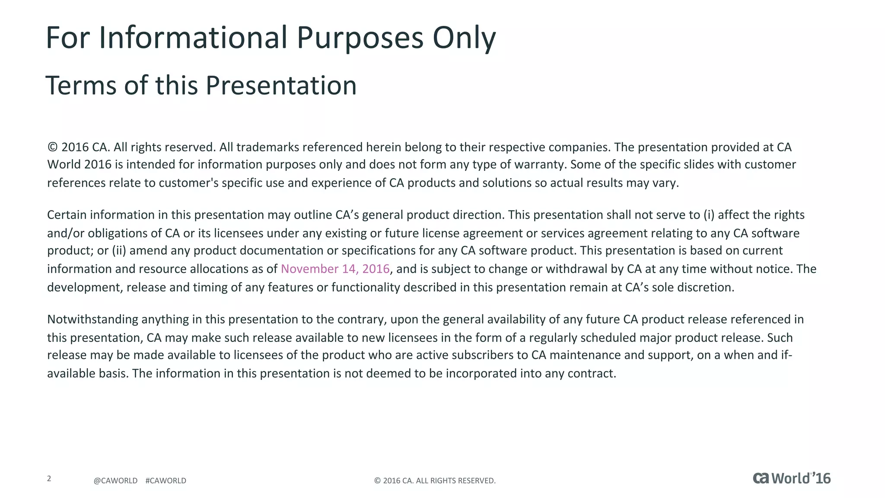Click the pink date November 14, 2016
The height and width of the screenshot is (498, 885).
[x=335, y=269]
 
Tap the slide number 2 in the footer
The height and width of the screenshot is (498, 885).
[x=49, y=479]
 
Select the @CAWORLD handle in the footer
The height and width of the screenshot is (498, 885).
[x=115, y=481]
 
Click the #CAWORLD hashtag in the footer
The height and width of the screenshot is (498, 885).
[x=166, y=481]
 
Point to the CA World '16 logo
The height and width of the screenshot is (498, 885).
[x=792, y=479]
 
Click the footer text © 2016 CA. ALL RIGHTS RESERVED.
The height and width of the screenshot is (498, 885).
[x=435, y=481]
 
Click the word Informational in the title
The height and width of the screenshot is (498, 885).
[x=193, y=38]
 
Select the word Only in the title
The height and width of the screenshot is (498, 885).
[x=464, y=38]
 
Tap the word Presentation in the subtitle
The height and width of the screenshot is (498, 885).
[x=281, y=85]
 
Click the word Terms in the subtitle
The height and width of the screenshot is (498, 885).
[x=81, y=85]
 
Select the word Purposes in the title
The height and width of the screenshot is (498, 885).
[x=360, y=38]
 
